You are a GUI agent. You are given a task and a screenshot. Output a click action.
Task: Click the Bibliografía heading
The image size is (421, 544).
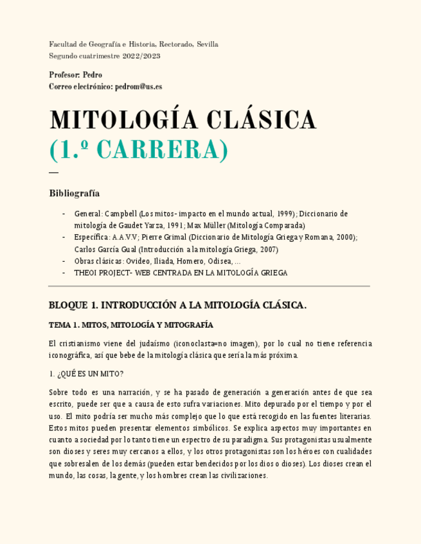[74, 193]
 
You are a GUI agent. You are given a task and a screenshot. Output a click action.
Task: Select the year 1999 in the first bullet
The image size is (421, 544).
[286, 214]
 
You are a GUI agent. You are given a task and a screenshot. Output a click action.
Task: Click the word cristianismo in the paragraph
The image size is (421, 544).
[84, 343]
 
